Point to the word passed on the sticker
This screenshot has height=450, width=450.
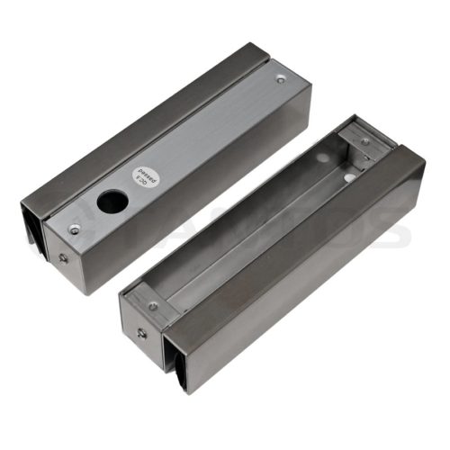pos(144,171)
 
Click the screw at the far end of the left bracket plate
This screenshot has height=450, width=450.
pos(281,79)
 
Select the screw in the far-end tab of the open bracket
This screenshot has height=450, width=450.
pos(364,141)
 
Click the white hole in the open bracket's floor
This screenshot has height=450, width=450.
pos(348,178)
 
